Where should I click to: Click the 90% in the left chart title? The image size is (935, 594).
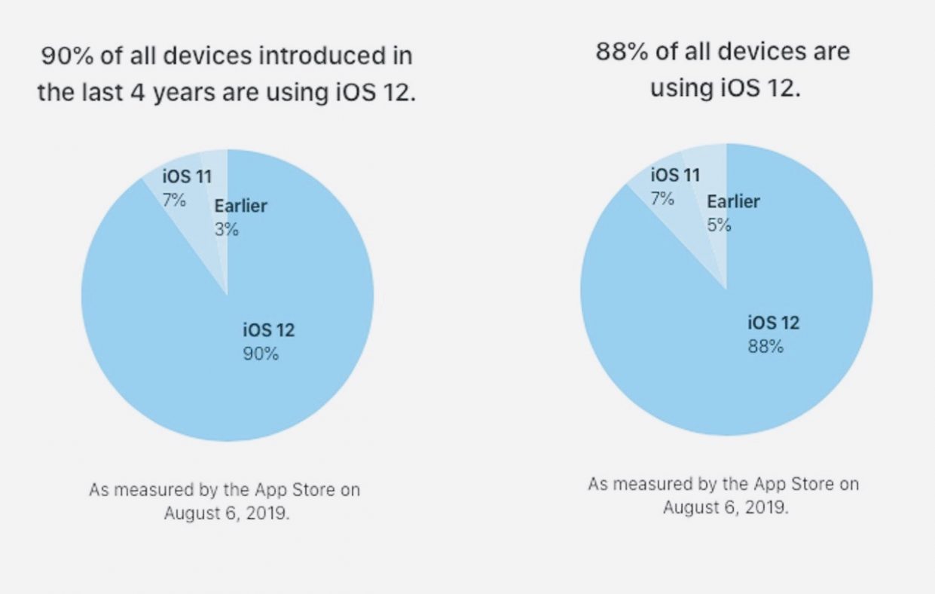pos(64,56)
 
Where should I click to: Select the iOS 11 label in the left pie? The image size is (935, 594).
pos(187,177)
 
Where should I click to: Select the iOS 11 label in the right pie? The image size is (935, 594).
pos(675,175)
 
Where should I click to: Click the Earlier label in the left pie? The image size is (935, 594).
pos(240,206)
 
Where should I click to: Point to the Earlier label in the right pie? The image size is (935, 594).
pos(733,201)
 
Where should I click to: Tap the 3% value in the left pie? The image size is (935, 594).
pos(226,229)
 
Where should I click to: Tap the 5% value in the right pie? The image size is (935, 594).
pos(718,225)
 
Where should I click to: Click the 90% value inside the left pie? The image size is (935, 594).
pos(260,353)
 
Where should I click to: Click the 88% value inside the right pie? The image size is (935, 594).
pos(765,347)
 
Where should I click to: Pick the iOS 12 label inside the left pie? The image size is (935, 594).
pos(268,330)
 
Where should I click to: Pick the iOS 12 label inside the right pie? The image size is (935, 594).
pos(774,323)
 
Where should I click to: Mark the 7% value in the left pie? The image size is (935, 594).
pos(174,201)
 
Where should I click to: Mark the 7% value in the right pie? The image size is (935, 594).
pos(662,199)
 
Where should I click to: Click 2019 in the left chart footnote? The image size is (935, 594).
pos(264,514)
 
